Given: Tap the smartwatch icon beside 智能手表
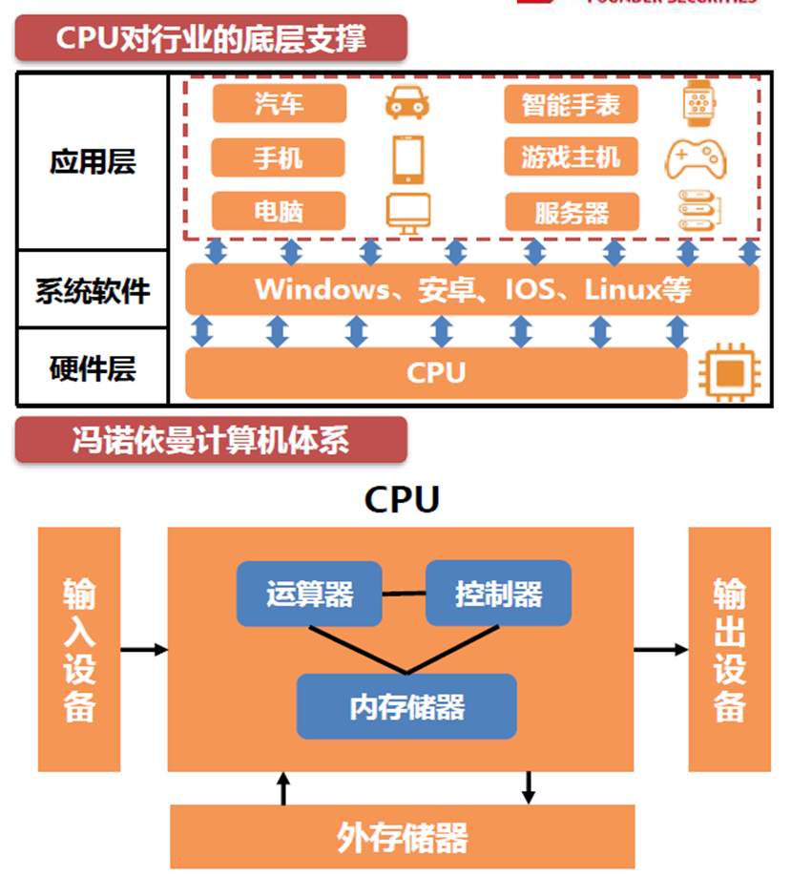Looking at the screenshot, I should click(698, 103).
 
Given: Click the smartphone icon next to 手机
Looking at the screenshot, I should click(407, 157).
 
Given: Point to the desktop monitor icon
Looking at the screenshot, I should click(407, 212).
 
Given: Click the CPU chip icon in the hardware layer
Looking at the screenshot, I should click(728, 373).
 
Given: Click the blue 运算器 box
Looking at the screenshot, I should click(309, 594).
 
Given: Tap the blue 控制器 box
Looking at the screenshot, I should click(498, 594).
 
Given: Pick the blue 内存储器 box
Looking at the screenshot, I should click(406, 706).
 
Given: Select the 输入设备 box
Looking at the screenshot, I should click(79, 649).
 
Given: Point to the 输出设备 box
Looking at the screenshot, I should click(729, 649).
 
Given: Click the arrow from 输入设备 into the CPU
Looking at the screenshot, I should click(144, 650).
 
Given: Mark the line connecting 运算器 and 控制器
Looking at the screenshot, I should click(404, 594).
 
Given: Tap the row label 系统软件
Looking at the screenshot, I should click(93, 289).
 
